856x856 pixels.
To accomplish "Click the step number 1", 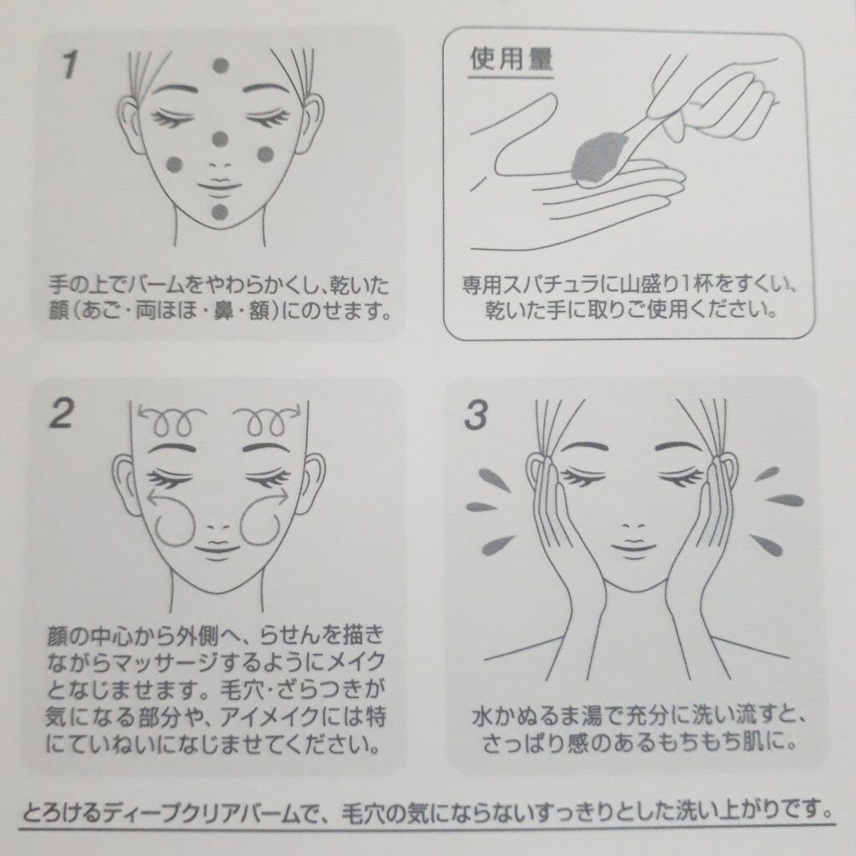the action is pos(69,64).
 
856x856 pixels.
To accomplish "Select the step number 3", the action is pos(476,415).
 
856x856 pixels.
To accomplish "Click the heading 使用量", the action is pos(512,59).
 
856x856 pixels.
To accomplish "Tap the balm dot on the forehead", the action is pos(221,65).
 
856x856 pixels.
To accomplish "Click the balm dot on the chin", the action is pos(220,211).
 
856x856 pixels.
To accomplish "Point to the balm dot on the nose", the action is pos(220,140).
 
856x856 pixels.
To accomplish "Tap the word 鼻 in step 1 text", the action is pos(224,312).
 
